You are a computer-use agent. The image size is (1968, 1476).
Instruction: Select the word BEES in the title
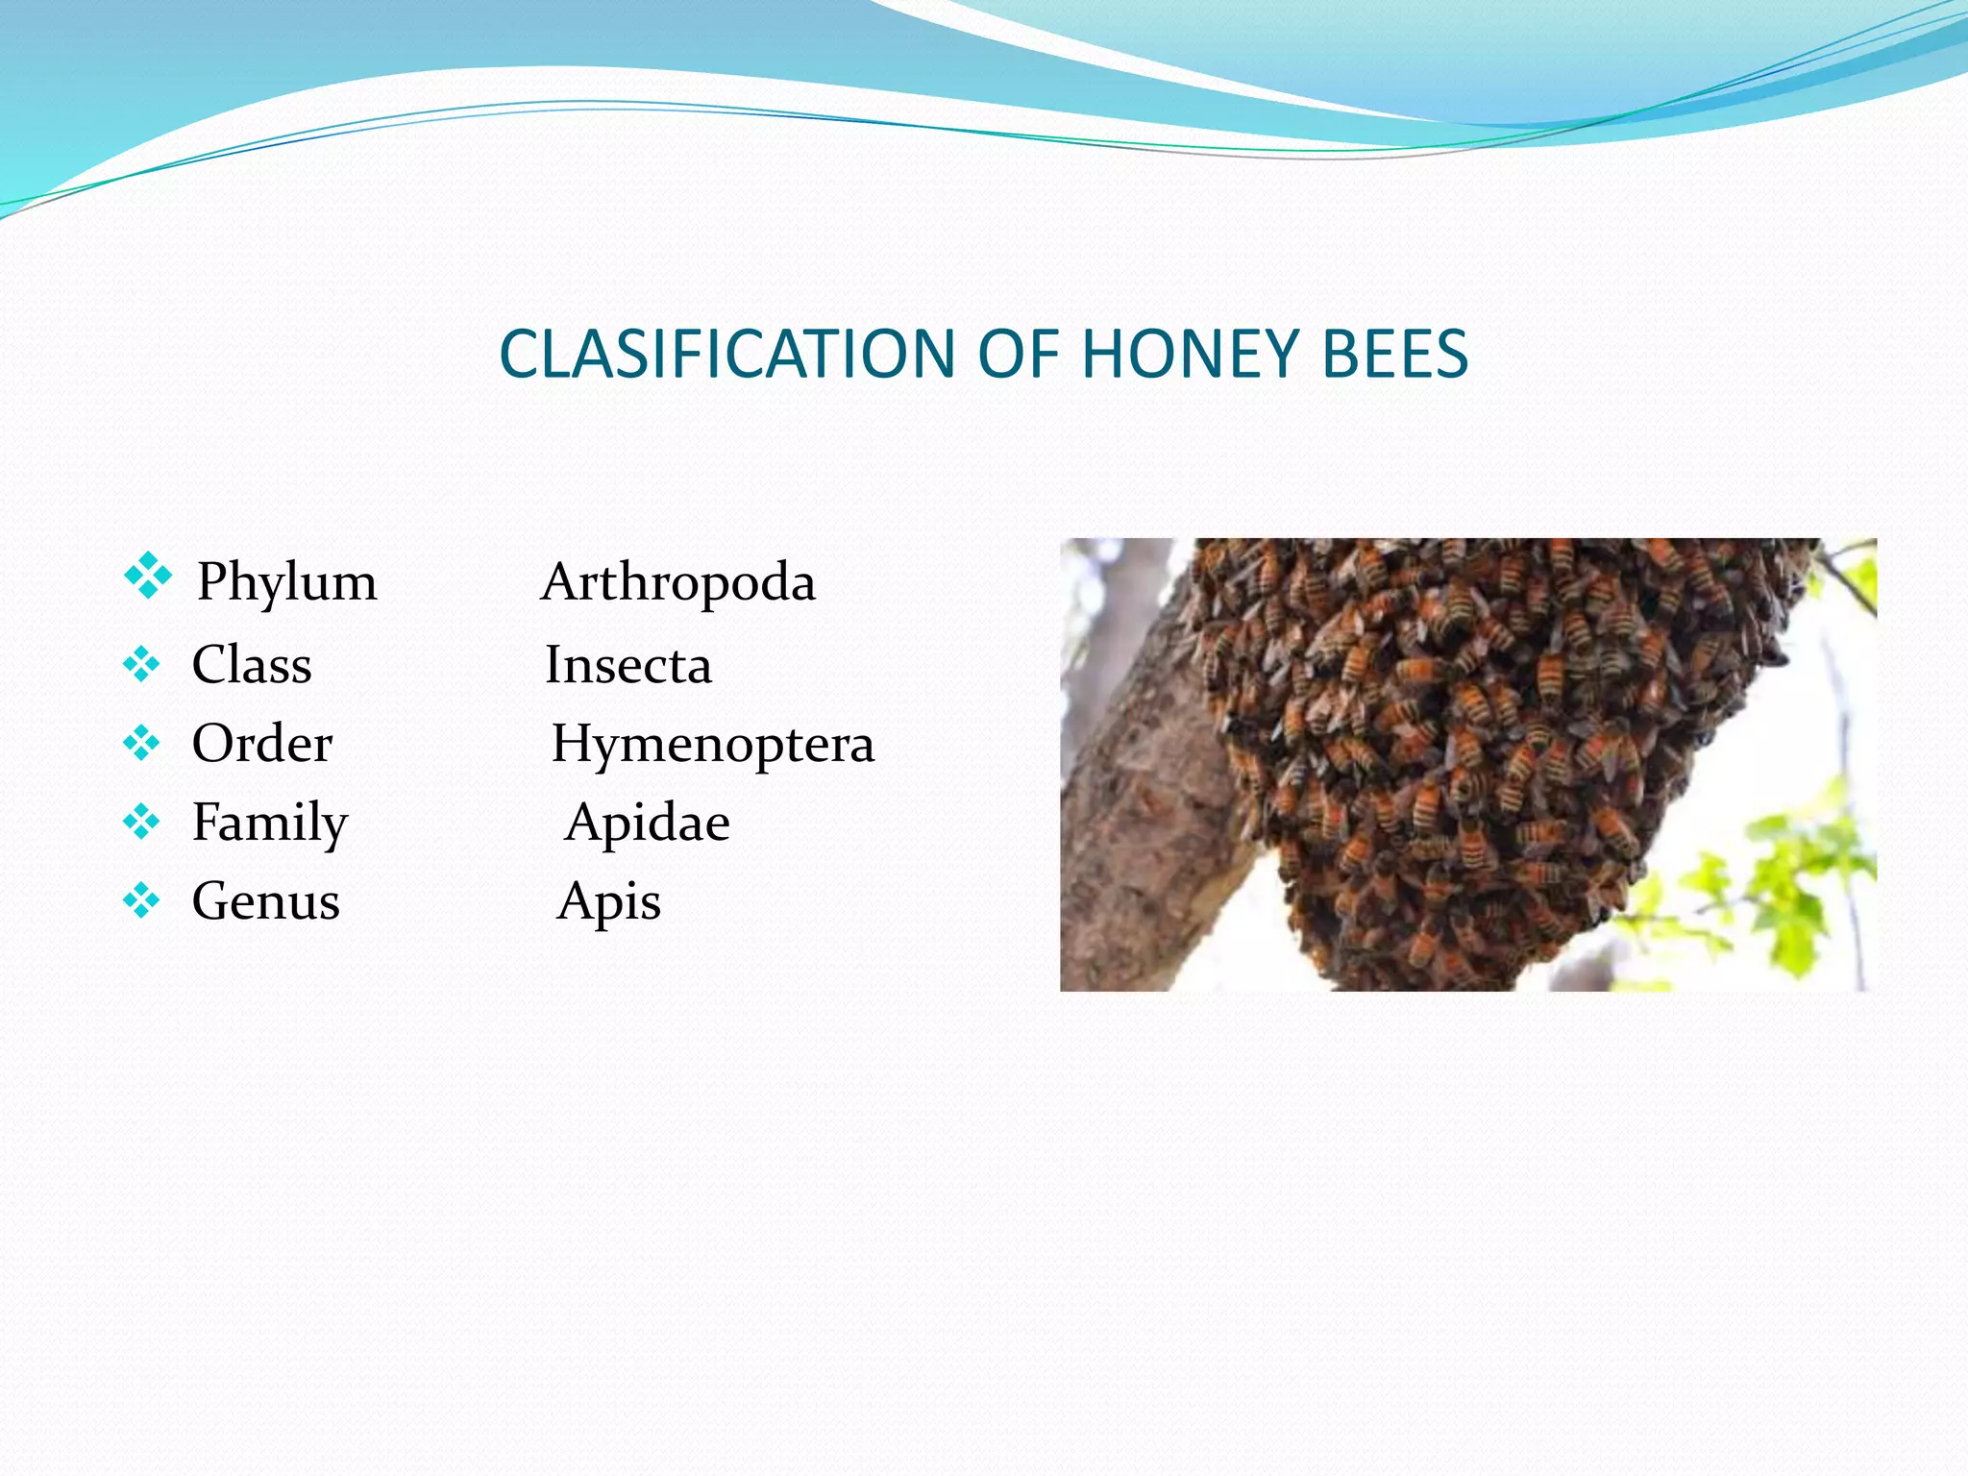(1394, 354)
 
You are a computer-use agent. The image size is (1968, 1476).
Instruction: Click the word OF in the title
(1018, 354)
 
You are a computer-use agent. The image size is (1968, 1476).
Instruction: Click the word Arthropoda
(678, 582)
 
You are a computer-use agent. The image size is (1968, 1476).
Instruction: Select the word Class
(252, 664)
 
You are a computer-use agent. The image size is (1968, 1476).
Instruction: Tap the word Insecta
(628, 665)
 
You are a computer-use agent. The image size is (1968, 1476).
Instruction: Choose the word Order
(262, 744)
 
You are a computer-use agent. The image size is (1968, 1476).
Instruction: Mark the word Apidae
(648, 823)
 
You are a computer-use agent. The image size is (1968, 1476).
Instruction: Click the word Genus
(266, 901)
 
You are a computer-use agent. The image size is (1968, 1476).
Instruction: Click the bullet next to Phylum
(147, 576)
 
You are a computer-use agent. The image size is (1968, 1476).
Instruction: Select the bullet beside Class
(141, 664)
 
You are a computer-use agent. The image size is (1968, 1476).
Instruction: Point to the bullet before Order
(141, 743)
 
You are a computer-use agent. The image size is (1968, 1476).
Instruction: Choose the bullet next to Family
(141, 822)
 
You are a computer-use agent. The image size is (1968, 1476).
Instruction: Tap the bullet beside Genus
(141, 900)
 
